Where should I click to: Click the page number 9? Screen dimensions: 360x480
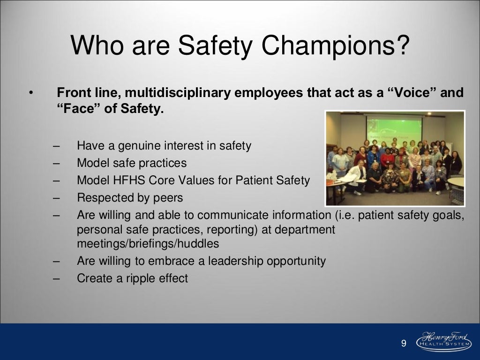pyautogui.click(x=404, y=344)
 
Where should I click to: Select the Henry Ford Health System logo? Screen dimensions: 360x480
pyautogui.click(x=441, y=341)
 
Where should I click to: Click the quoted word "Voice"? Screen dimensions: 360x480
pyautogui.click(x=411, y=93)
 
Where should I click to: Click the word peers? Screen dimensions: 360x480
pyautogui.click(x=167, y=198)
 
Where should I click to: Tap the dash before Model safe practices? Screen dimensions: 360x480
pyautogui.click(x=56, y=163)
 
